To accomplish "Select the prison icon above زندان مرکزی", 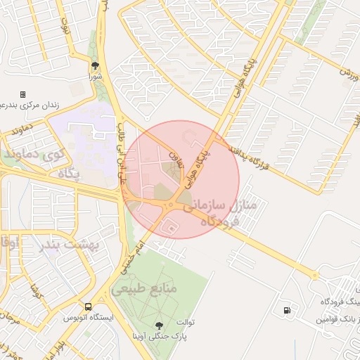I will [22, 94].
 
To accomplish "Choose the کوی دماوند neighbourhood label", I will [34, 152].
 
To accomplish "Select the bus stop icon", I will [89, 307].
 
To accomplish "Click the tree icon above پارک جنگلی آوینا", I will [158, 325].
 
